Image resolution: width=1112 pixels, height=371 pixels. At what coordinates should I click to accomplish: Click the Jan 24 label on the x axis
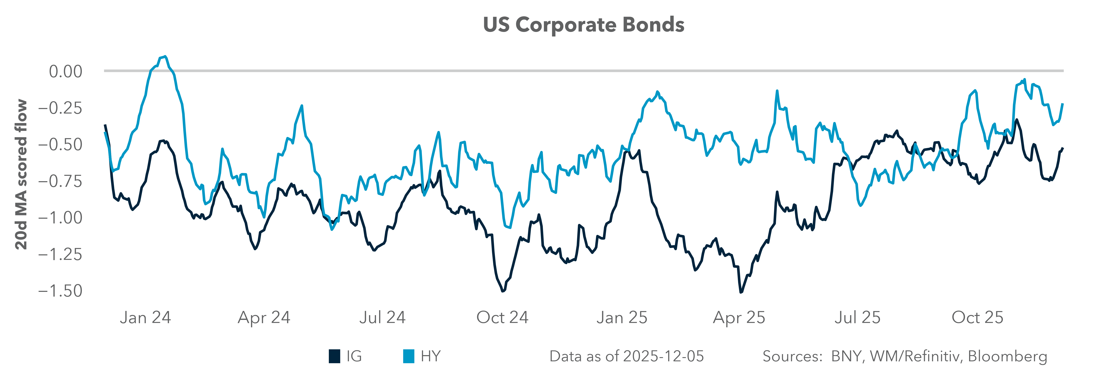coord(145,317)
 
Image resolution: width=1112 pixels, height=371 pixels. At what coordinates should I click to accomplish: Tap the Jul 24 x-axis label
coord(382,317)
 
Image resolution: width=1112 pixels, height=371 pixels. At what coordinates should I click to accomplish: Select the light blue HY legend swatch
coord(408,356)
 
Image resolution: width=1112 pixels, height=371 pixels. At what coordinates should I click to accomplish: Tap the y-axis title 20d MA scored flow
coord(21,175)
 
